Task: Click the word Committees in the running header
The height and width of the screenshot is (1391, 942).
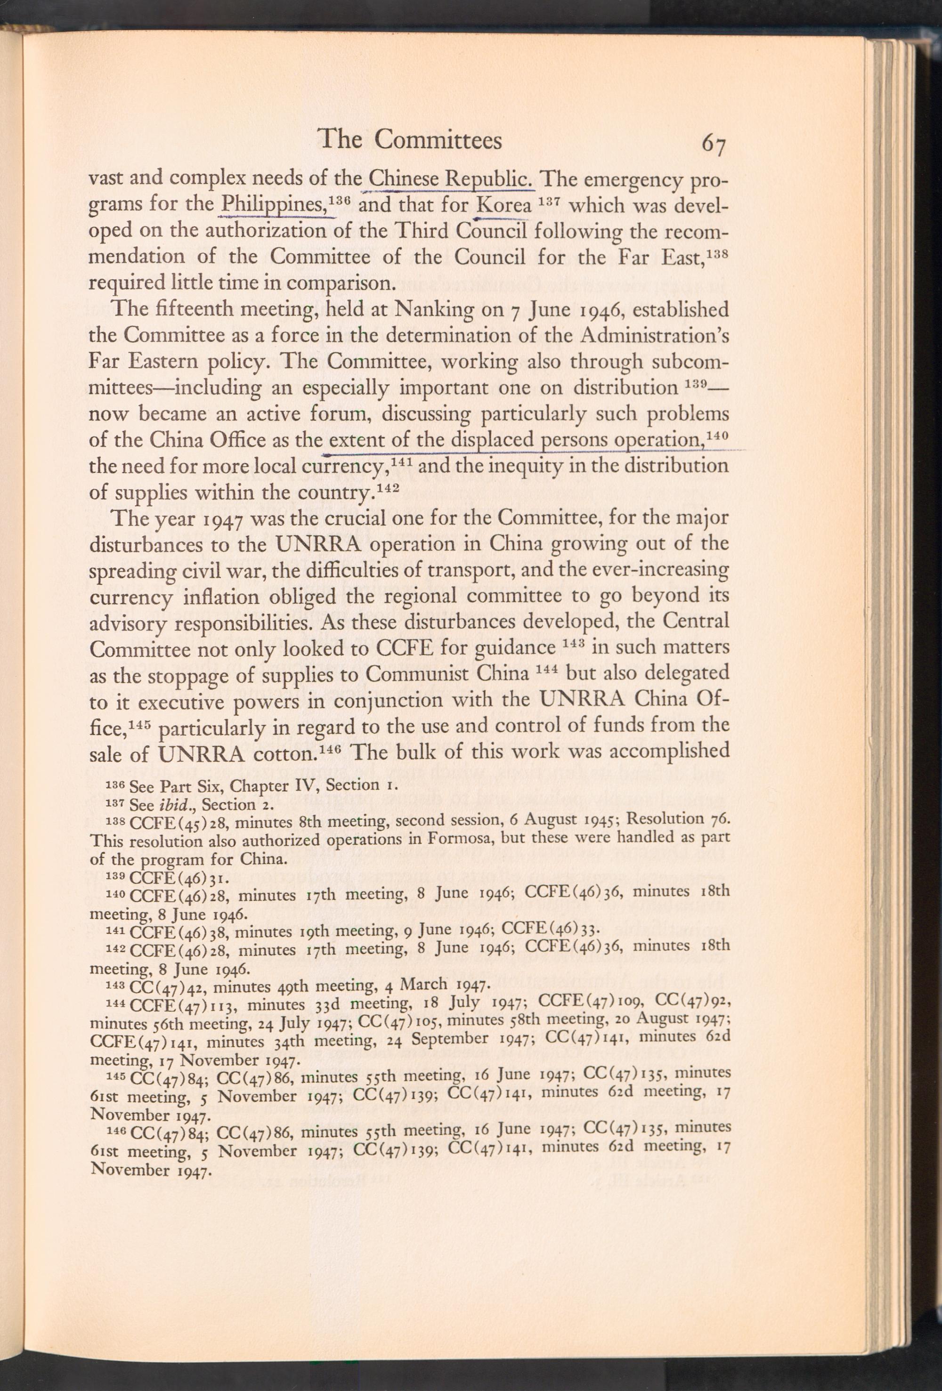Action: coord(438,139)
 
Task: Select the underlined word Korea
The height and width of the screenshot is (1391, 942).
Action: coord(503,207)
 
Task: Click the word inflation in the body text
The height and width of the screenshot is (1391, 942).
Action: coord(203,596)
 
